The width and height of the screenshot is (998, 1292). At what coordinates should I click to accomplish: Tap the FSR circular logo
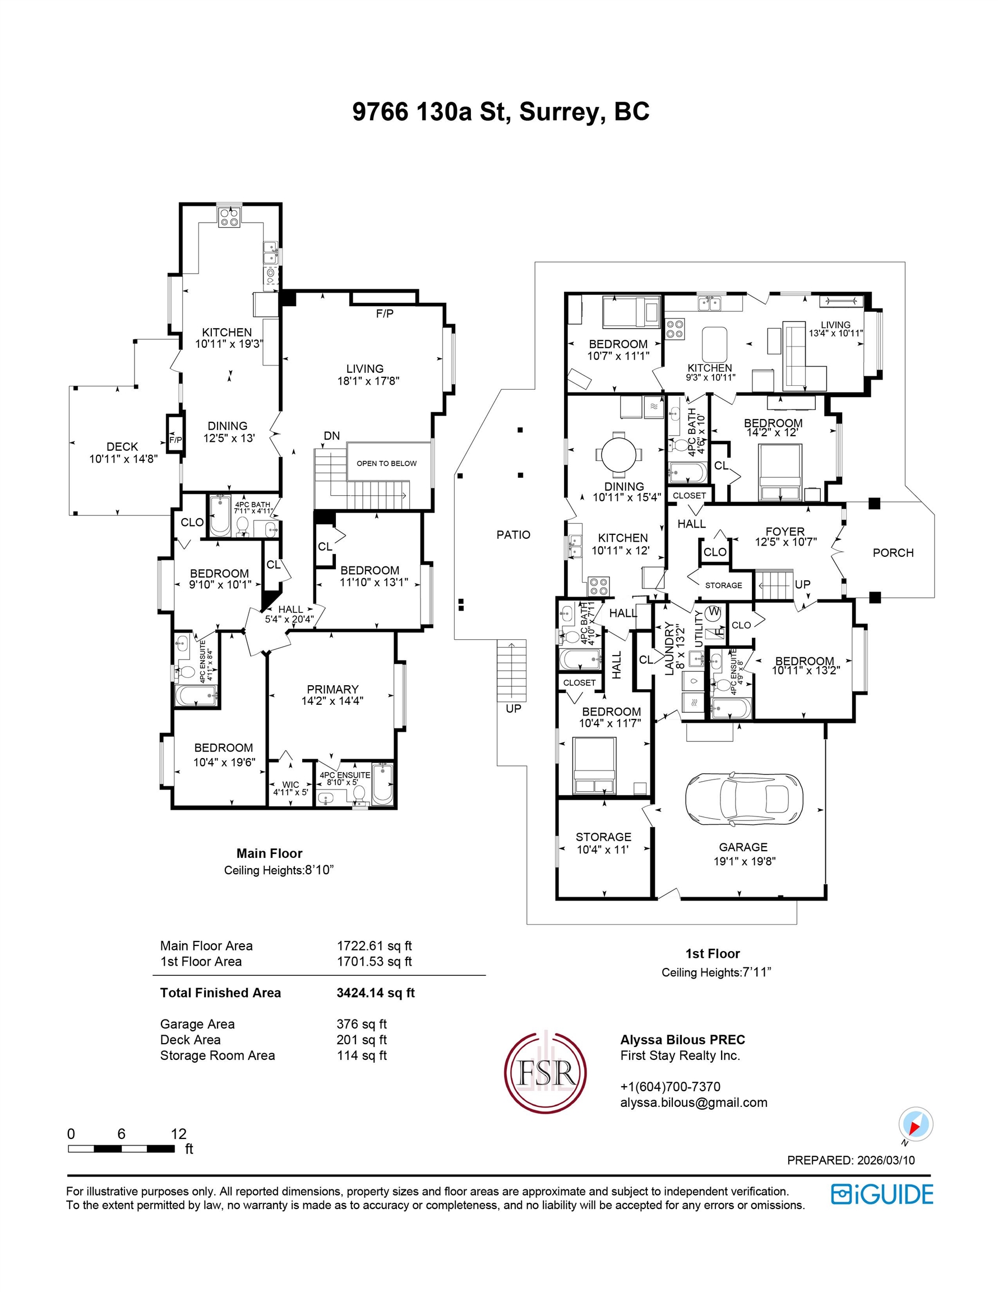click(x=545, y=1073)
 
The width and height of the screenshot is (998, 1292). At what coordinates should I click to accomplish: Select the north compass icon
click(x=915, y=1124)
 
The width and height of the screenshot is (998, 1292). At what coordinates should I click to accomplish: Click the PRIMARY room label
click(x=332, y=689)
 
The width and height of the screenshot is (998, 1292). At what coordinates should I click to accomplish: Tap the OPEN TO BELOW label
click(x=386, y=463)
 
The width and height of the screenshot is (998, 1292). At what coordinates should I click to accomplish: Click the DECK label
click(x=122, y=446)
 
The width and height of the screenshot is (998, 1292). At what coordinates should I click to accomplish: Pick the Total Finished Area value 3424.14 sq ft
click(x=376, y=993)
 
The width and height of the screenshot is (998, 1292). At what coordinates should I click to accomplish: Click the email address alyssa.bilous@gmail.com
click(x=694, y=1102)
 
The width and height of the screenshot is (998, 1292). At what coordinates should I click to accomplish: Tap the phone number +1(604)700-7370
click(x=670, y=1086)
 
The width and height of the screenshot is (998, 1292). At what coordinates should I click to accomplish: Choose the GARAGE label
click(x=743, y=847)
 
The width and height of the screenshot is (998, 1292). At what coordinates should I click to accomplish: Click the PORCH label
click(x=893, y=552)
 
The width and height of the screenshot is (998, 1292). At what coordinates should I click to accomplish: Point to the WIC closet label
click(x=290, y=785)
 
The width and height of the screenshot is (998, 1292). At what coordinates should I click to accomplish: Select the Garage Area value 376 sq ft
click(x=362, y=1024)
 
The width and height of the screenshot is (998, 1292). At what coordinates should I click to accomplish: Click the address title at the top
click(x=501, y=111)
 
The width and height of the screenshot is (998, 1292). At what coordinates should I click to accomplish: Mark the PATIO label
click(x=513, y=535)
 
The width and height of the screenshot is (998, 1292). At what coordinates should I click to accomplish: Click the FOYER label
click(x=785, y=531)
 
